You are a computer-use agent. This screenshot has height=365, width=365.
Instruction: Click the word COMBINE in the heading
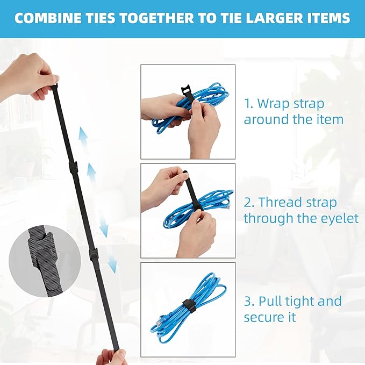click(46, 19)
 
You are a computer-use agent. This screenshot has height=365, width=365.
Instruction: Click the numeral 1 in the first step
click(248, 103)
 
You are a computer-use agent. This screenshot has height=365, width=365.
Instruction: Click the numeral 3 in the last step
click(248, 301)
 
